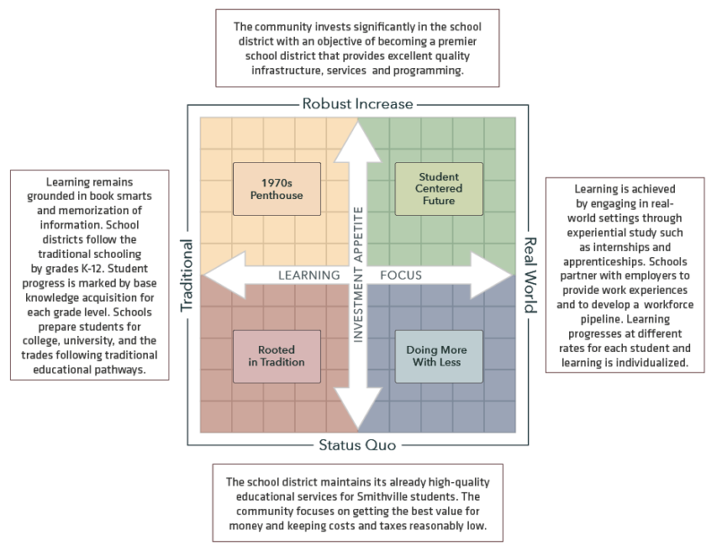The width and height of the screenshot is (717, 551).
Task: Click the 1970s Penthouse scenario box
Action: click(x=276, y=188)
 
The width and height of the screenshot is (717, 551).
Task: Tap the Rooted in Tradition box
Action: click(x=276, y=357)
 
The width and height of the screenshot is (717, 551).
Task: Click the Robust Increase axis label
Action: click(x=358, y=103)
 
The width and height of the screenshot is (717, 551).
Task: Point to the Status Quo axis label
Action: click(x=358, y=445)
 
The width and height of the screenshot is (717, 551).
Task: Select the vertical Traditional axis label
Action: click(x=189, y=274)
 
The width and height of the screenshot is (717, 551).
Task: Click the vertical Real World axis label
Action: click(x=529, y=274)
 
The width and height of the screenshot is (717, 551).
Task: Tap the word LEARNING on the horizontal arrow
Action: click(x=307, y=274)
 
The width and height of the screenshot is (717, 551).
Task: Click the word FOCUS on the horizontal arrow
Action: click(x=406, y=274)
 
